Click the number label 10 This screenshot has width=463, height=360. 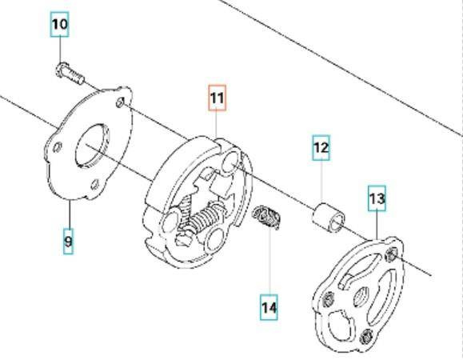click(60, 24)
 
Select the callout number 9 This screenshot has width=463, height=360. click(68, 239)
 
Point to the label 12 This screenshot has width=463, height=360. click(321, 147)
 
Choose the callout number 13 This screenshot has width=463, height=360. click(377, 197)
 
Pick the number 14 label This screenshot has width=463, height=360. click(269, 306)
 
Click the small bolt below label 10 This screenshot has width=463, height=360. click(70, 74)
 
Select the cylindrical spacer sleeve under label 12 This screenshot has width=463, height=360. click(327, 217)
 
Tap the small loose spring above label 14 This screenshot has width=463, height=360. click(267, 217)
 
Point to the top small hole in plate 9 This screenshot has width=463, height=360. click(122, 102)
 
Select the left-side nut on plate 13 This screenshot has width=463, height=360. click(329, 301)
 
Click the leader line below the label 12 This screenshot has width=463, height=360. click(321, 180)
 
